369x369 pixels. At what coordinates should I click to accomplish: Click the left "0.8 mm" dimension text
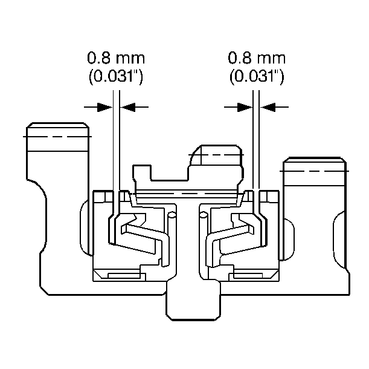click(116, 59)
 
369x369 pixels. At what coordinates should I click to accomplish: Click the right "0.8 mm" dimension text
click(257, 59)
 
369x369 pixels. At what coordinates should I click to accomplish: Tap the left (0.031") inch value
click(116, 77)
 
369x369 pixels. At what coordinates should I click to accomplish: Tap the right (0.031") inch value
click(257, 77)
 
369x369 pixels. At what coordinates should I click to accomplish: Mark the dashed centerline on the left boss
click(57, 137)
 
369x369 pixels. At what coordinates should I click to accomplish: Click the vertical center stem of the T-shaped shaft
click(187, 248)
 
